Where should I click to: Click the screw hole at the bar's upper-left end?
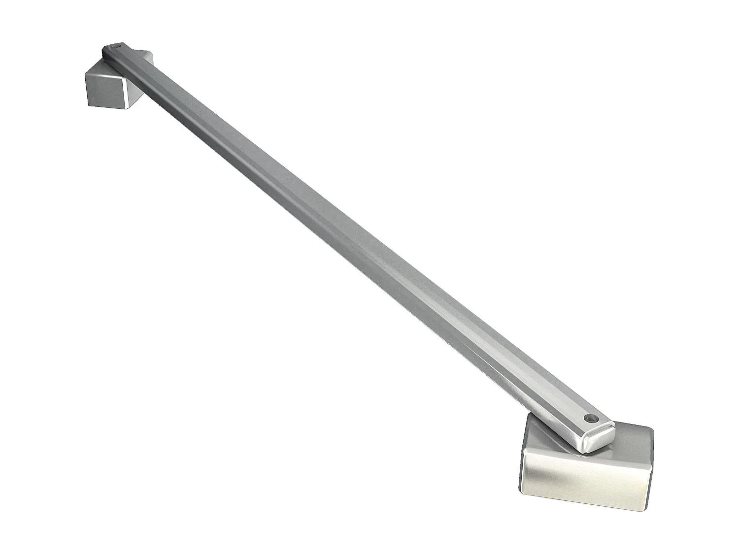click(x=117, y=47)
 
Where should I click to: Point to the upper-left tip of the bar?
click(x=104, y=49)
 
